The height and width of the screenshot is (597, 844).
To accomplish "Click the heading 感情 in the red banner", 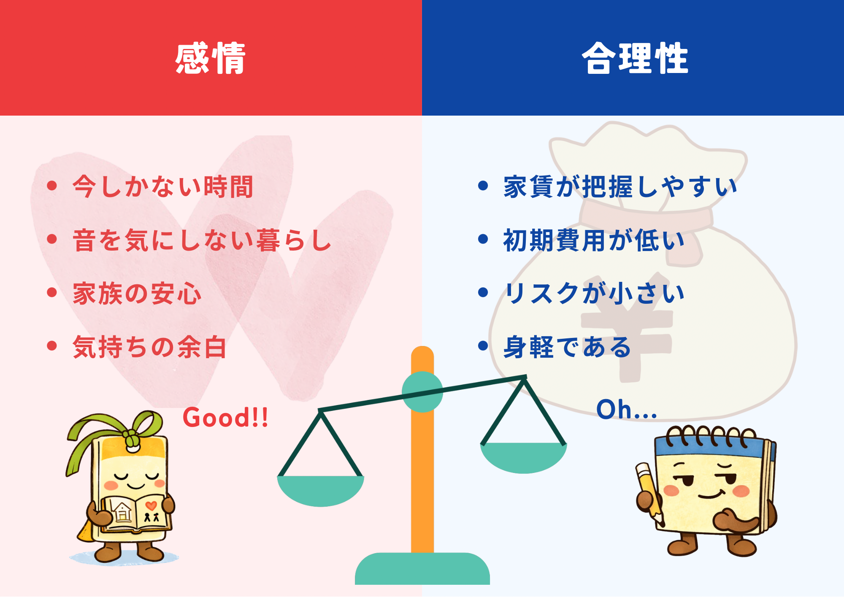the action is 211,58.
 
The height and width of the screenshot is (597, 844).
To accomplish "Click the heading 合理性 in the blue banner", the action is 635,58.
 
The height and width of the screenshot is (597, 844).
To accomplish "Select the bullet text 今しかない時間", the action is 163,186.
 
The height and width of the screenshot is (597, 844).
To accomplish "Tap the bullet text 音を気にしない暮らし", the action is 202,240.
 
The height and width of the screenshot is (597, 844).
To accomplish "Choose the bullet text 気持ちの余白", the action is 150,347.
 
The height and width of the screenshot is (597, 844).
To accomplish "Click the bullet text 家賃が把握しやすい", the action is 620,186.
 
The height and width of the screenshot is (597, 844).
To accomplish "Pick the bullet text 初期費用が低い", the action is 594,240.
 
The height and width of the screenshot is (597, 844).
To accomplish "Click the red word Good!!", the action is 225,418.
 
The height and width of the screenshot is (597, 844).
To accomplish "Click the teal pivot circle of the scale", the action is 422,392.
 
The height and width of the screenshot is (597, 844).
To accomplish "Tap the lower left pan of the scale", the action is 321,491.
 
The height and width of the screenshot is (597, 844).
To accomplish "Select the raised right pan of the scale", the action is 523,457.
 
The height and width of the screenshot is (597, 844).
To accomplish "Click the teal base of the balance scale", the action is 422,568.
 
